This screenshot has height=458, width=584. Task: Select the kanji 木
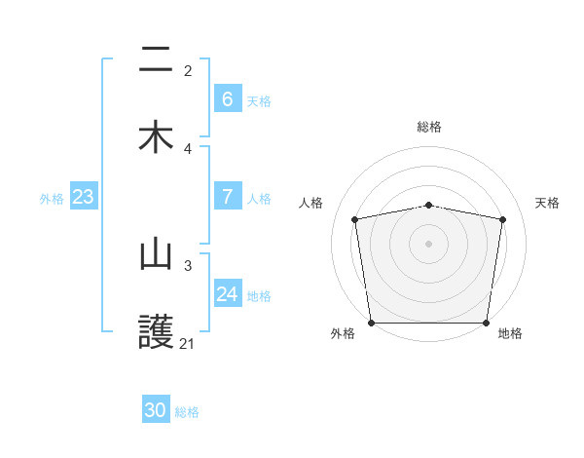click(x=156, y=136)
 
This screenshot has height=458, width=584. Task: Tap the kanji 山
click(x=156, y=255)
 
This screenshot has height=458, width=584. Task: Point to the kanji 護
click(x=156, y=332)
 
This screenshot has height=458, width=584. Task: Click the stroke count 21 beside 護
click(x=187, y=343)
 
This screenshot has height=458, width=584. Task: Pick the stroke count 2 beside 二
click(x=188, y=70)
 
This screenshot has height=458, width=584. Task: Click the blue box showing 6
click(x=228, y=98)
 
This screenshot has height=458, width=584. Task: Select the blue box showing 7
click(x=228, y=197)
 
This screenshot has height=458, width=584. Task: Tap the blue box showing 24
click(x=228, y=294)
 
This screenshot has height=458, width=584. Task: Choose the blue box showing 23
click(x=84, y=197)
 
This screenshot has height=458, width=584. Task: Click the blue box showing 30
click(x=156, y=410)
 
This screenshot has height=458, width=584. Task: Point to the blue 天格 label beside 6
click(x=259, y=100)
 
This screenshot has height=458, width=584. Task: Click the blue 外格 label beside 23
click(x=52, y=198)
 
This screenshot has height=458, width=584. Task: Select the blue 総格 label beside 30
click(x=187, y=412)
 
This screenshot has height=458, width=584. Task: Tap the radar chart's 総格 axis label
click(x=429, y=127)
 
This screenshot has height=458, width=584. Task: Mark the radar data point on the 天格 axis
click(x=502, y=219)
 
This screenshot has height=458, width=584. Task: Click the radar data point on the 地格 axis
click(x=486, y=323)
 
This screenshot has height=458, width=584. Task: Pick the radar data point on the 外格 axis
click(x=371, y=323)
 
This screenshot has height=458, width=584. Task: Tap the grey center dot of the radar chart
click(x=428, y=243)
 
